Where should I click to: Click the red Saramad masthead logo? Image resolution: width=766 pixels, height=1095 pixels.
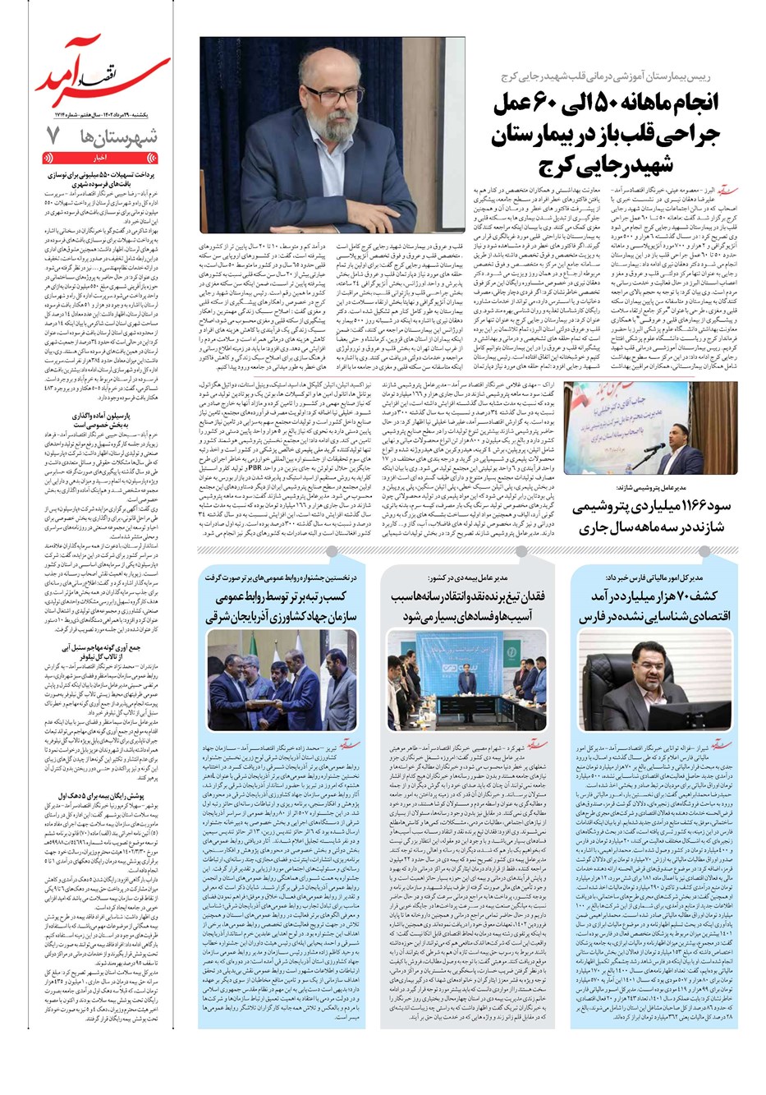(x=99, y=82)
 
